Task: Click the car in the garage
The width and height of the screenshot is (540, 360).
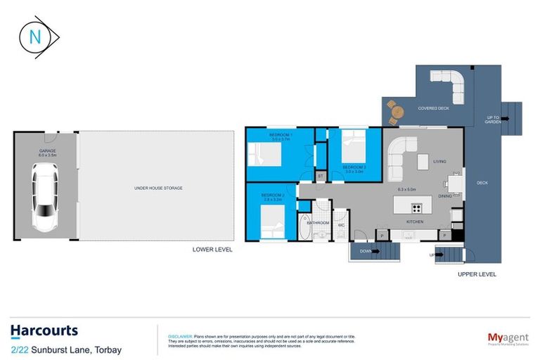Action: click(44, 198)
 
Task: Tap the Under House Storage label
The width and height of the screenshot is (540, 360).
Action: click(155, 188)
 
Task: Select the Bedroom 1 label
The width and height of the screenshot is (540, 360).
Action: click(281, 135)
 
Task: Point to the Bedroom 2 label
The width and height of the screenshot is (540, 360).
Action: click(272, 195)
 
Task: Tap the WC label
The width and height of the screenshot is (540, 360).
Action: click(341, 226)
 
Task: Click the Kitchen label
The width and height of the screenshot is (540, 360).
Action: click(414, 222)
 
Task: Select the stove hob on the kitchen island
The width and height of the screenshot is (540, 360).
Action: click(416, 207)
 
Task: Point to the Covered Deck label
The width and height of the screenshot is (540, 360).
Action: click(434, 108)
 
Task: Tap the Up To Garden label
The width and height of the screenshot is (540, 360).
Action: click(493, 120)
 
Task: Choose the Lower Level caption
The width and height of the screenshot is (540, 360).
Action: click(212, 249)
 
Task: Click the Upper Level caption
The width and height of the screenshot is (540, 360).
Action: click(477, 274)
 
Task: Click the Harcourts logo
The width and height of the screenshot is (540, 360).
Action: click(44, 330)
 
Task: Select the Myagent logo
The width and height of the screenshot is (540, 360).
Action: click(508, 339)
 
